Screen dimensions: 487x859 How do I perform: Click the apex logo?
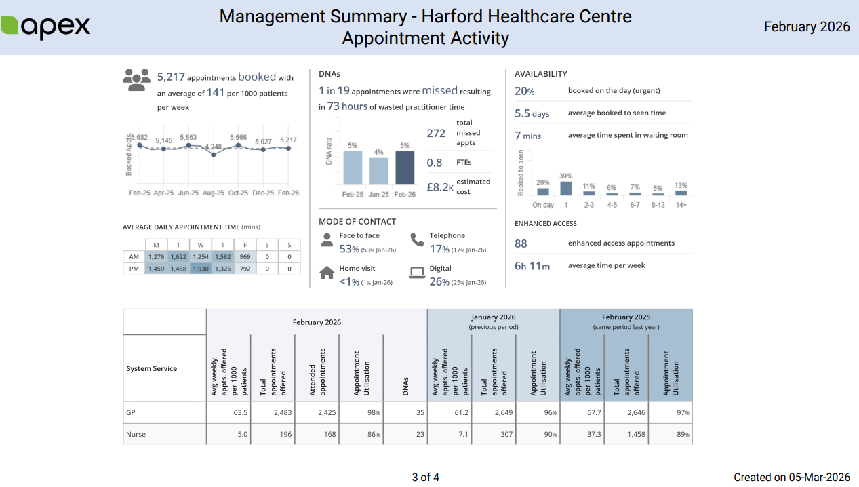tap(45, 26)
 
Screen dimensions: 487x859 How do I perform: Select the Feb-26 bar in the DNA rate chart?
tap(404, 168)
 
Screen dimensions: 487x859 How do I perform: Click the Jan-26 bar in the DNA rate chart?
tap(378, 171)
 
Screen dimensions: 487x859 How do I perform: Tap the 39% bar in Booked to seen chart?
tap(566, 189)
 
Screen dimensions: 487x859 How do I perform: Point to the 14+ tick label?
tap(681, 205)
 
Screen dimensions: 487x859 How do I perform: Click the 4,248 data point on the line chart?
tap(214, 155)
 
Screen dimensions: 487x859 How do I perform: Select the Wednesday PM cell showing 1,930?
tap(200, 269)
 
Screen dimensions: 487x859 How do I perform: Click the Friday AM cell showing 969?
tap(245, 257)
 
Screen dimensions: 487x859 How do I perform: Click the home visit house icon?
tap(327, 273)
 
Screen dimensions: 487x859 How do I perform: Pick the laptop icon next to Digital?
tap(417, 273)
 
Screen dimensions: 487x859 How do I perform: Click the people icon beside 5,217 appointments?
tap(136, 79)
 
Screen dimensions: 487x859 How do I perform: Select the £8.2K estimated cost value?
tap(439, 187)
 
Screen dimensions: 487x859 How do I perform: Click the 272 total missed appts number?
tap(436, 134)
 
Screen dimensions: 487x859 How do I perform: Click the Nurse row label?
tap(136, 434)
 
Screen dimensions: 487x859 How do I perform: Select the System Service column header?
tap(151, 369)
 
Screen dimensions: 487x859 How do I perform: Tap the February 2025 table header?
tap(626, 317)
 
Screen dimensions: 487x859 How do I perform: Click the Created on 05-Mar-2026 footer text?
tap(791, 478)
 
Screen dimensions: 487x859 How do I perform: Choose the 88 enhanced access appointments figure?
tap(521, 243)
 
